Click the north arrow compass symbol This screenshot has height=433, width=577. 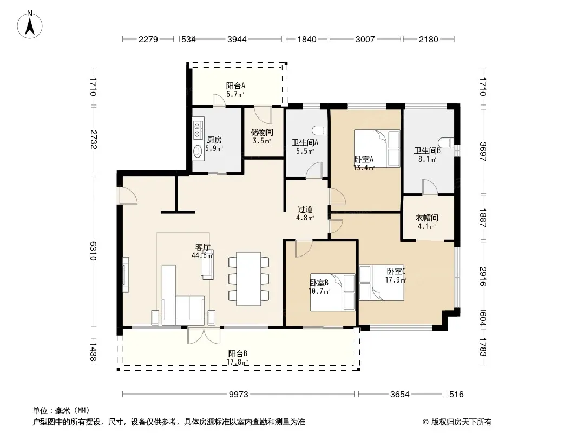[30, 25]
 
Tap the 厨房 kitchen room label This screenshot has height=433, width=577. [214, 140]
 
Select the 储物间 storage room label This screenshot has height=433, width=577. [261, 132]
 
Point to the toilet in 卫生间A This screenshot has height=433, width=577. [319, 130]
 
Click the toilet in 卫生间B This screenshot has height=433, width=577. [446, 142]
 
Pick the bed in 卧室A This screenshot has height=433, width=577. [377, 148]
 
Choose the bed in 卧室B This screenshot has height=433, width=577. [333, 292]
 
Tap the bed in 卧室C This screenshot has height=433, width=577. [382, 283]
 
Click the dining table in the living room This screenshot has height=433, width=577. [249, 279]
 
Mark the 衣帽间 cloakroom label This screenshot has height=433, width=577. [427, 218]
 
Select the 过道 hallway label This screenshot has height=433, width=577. [305, 209]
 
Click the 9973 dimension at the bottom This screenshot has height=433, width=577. [239, 395]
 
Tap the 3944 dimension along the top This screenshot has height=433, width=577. [237, 39]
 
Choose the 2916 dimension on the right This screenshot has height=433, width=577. [483, 277]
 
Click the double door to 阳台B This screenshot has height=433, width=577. [204, 335]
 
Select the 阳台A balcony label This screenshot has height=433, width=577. [235, 86]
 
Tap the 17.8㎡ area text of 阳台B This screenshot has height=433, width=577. [238, 362]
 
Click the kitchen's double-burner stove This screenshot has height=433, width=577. [198, 129]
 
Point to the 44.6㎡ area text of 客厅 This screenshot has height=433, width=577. [202, 255]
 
